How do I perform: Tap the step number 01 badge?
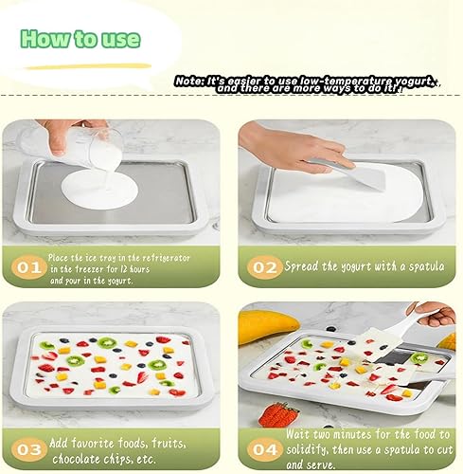(x=27, y=266)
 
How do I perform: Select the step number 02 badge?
(x=262, y=266)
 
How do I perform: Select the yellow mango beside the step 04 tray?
(x=267, y=326)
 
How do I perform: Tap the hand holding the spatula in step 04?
(x=436, y=312)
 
